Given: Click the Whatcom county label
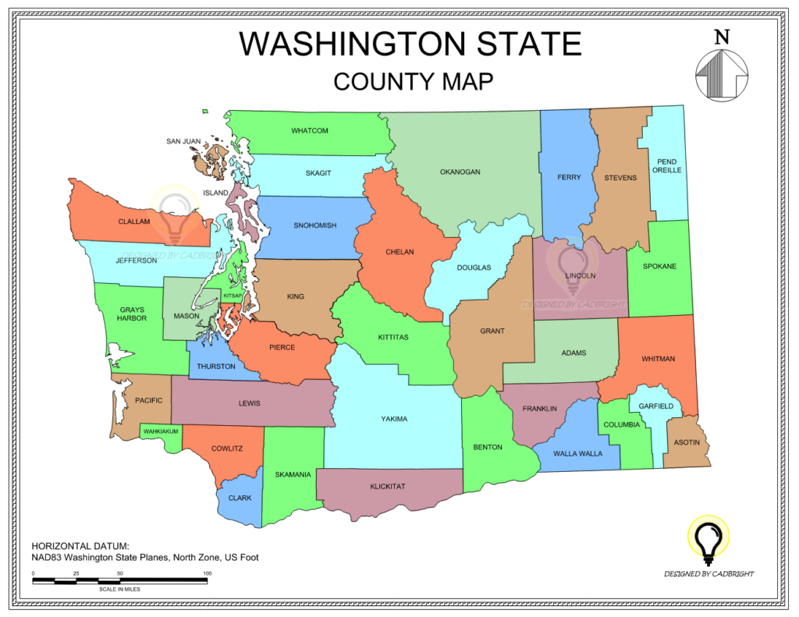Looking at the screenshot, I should (310, 130).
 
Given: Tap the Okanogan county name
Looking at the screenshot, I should (460, 172).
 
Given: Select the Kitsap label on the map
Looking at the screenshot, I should (233, 296).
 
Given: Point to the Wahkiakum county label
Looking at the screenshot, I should (161, 431).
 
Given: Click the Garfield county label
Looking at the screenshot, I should (655, 406).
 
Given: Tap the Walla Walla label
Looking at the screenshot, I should (577, 453).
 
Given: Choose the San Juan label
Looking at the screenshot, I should (183, 142).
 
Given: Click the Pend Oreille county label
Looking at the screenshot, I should (666, 166).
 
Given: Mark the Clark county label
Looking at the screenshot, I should (240, 498).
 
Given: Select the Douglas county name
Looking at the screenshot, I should (474, 268).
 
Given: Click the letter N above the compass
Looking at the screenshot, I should (722, 36).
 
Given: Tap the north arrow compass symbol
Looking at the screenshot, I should (722, 74).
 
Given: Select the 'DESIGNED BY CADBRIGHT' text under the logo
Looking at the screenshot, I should (708, 574).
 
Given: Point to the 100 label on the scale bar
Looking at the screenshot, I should (207, 573).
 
